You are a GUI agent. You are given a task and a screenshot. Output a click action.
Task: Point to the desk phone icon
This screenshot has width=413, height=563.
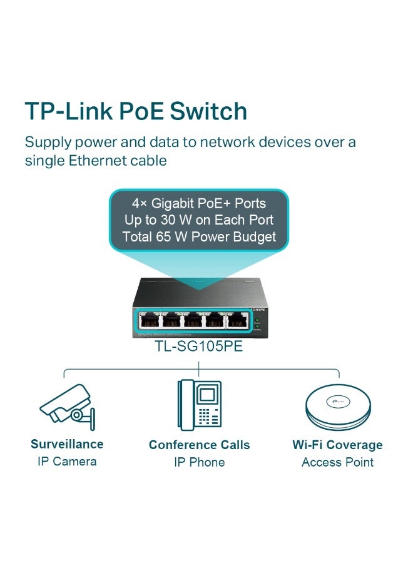(199, 405)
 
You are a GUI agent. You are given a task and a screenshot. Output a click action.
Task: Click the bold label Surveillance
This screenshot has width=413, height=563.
(67, 444)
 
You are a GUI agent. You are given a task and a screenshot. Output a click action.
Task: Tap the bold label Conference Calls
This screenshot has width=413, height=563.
(199, 445)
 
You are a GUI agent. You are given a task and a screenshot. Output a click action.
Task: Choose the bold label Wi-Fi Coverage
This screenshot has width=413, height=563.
(337, 445)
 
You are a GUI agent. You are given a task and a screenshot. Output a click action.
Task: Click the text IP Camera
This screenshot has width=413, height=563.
(66, 462)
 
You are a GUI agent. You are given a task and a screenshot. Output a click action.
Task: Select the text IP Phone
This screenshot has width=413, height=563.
(199, 462)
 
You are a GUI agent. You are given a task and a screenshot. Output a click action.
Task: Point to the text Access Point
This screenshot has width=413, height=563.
(337, 462)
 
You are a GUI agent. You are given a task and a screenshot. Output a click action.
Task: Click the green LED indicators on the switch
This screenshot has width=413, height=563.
(257, 323)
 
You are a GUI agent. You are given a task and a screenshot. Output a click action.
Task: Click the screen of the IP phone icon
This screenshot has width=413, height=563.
(206, 395)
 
